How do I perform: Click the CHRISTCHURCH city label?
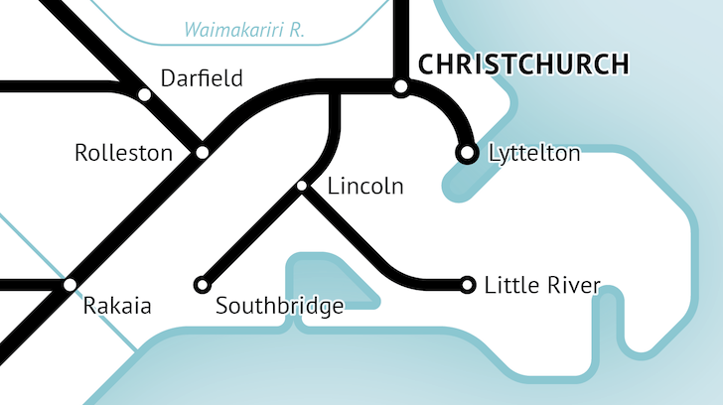[523, 65]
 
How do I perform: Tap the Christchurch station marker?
[400, 87]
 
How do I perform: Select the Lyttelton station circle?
[466, 153]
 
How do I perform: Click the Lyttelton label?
[534, 154]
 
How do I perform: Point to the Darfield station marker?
[145, 94]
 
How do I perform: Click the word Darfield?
[202, 78]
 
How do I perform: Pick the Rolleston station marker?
[202, 152]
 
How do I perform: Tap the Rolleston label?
[123, 154]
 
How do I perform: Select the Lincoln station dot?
[302, 186]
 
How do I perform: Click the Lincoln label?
[364, 186]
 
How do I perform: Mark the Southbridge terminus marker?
[202, 285]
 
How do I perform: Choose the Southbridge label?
[279, 306]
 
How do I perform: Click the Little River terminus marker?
[468, 286]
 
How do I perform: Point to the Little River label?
[541, 286]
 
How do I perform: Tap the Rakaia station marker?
[70, 285]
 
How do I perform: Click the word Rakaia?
[117, 306]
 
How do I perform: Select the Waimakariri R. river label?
[243, 30]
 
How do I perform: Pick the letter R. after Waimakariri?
[294, 30]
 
